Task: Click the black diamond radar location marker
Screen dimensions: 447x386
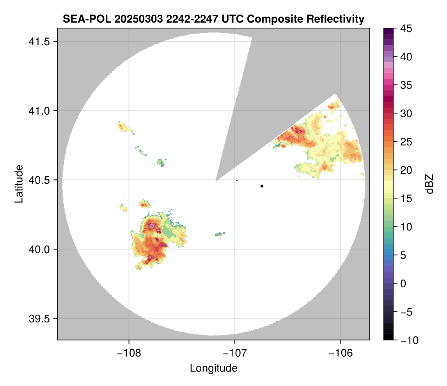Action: point(262,186)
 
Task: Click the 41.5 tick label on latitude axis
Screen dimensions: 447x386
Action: point(39,42)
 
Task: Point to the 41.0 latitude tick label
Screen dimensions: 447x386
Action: point(39,111)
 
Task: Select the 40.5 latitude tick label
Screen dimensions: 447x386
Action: point(39,180)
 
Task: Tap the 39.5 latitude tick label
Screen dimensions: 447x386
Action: point(39,319)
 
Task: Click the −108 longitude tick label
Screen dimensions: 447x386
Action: point(129,353)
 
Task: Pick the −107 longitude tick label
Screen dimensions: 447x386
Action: point(235,353)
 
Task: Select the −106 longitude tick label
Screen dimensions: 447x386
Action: point(341,353)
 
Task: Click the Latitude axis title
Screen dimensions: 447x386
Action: point(19,184)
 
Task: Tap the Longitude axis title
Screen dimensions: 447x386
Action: point(213,368)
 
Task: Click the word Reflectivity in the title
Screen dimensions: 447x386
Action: point(335,19)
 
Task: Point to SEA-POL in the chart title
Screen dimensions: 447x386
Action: point(87,19)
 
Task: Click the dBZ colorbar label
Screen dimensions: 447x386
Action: point(429,184)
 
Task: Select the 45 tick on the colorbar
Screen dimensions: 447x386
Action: point(406,28)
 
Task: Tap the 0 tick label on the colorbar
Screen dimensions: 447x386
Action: point(403,283)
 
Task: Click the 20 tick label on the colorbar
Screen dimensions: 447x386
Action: point(406,170)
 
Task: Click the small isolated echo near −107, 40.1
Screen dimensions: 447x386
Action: point(220,234)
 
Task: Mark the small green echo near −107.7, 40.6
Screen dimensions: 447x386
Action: point(161,163)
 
